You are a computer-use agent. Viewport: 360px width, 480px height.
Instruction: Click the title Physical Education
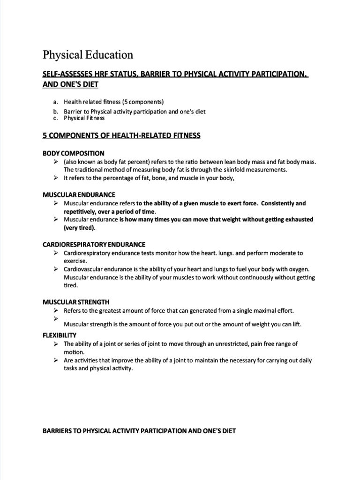tap(88, 55)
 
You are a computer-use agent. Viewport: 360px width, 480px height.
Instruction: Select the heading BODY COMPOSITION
tap(74, 153)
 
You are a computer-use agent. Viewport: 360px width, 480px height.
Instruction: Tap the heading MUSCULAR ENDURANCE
tap(79, 195)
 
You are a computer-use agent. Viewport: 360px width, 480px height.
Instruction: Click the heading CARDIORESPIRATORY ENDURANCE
tap(94, 244)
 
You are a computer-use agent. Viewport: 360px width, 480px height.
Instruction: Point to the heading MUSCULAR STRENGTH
tap(76, 302)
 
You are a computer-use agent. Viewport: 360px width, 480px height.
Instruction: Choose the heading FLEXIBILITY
tap(60, 335)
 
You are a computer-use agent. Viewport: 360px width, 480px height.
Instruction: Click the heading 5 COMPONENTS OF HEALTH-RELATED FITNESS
tap(121, 135)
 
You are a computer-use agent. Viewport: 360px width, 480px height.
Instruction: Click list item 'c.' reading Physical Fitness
tap(84, 118)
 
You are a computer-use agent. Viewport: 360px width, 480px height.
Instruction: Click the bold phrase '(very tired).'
tap(79, 228)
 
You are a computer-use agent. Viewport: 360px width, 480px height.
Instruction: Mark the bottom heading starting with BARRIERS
tap(139, 430)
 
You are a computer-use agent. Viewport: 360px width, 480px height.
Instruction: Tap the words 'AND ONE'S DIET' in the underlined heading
tap(70, 84)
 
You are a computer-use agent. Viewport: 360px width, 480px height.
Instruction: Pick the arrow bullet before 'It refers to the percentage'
tap(55, 178)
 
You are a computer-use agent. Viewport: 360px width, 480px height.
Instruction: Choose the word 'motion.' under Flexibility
tap(75, 352)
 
